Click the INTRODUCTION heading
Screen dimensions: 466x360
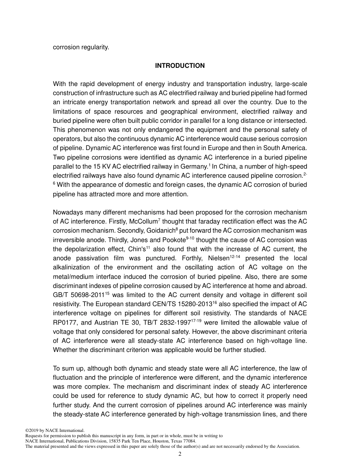click(x=180, y=66)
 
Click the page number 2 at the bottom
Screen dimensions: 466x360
click(x=180, y=454)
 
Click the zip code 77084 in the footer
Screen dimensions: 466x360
click(x=188, y=441)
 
